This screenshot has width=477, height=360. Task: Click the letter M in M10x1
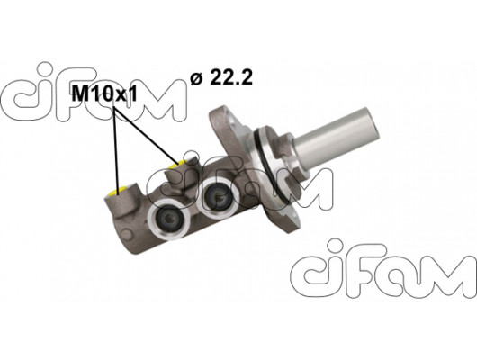coord(79,91)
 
